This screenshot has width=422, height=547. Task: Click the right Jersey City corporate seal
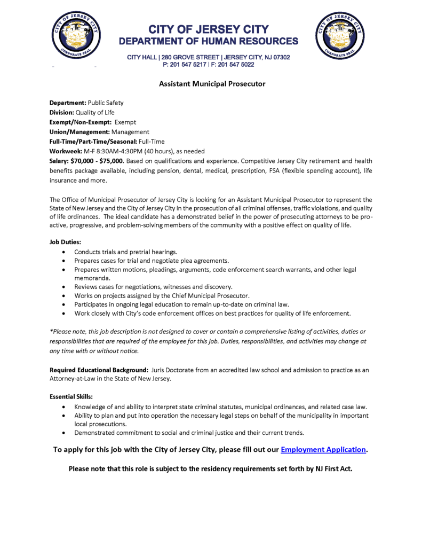(339, 36)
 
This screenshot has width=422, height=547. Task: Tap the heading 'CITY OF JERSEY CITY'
(208, 29)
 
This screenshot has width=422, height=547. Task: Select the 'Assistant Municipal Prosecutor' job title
(212, 84)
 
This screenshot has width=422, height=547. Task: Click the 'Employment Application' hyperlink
(323, 450)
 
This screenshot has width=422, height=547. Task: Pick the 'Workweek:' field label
(66, 151)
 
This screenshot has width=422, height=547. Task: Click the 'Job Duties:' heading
(66, 242)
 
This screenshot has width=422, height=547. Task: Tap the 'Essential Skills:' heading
(71, 397)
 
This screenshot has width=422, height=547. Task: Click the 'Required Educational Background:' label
(98, 370)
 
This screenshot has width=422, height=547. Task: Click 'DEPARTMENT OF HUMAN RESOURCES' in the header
(208, 41)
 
